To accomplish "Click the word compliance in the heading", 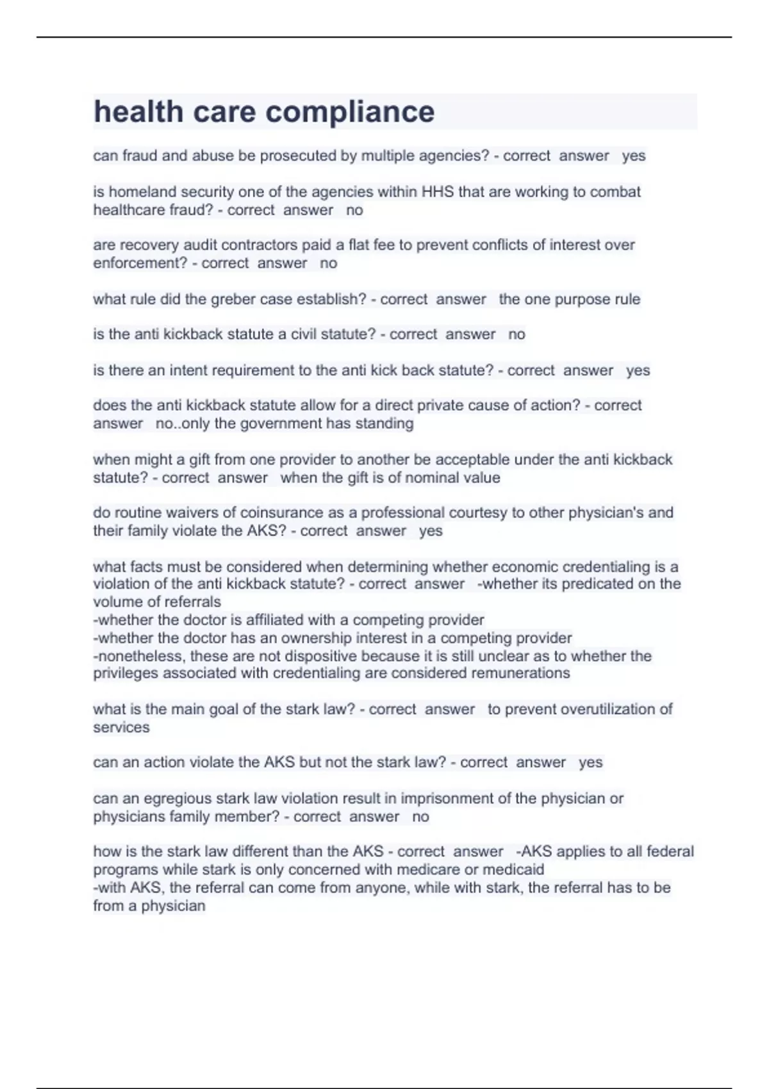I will [350, 112].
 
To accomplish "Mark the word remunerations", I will [520, 673].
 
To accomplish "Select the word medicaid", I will [513, 870].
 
